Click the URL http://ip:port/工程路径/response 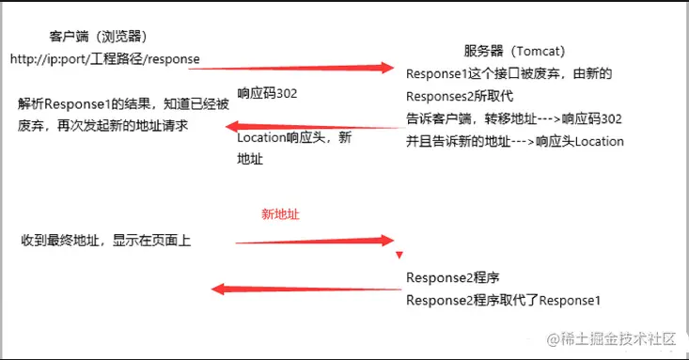click(x=104, y=59)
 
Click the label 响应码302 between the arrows click(x=268, y=93)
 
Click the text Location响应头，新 click(x=294, y=138)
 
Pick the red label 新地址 click(x=280, y=213)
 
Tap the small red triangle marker click(x=399, y=255)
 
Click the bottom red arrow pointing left click(x=301, y=289)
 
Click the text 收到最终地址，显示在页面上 click(x=106, y=241)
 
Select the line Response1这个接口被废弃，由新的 click(x=508, y=73)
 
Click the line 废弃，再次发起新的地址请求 click(x=102, y=125)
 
